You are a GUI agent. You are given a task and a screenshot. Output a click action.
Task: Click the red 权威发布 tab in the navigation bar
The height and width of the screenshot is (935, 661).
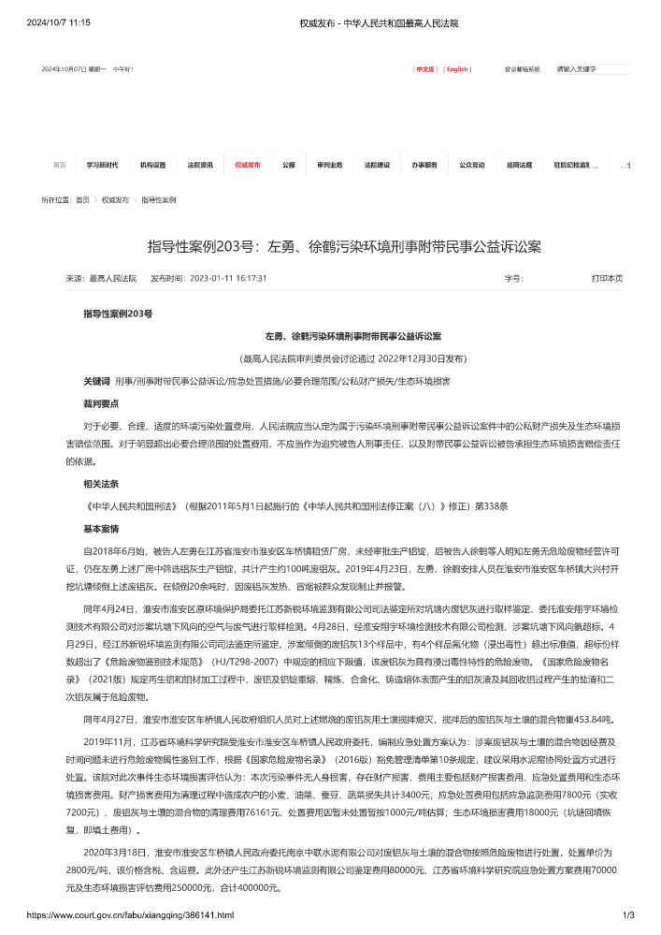click(x=247, y=165)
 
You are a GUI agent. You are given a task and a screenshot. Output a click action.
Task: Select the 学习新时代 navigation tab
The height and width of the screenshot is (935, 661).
click(x=102, y=165)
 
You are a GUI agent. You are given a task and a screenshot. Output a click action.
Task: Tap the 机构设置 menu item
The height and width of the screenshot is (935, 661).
click(x=152, y=165)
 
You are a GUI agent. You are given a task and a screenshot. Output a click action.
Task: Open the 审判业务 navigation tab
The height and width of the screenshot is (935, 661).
click(x=329, y=165)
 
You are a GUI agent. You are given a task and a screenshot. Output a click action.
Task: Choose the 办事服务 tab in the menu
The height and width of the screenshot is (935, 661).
click(x=424, y=165)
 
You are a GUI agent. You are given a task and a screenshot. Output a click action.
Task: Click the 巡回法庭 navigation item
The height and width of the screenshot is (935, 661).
click(x=520, y=165)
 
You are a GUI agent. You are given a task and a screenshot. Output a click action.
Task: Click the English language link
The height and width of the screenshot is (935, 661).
click(x=457, y=69)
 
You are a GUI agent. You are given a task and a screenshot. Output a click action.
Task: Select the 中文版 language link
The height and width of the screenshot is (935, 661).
click(x=425, y=69)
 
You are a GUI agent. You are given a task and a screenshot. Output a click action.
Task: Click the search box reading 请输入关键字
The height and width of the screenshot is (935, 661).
click(x=592, y=69)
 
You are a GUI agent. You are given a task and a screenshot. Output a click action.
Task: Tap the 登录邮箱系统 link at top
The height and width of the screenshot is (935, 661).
click(x=523, y=69)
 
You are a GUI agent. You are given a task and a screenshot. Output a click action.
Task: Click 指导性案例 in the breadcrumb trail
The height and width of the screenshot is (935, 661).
click(x=159, y=200)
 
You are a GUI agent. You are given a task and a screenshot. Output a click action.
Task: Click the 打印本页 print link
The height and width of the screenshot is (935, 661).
click(x=606, y=278)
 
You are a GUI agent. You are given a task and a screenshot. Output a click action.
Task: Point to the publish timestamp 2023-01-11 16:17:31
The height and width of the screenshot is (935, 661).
click(x=228, y=278)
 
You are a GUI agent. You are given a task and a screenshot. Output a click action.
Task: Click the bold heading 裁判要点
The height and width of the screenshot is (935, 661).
click(x=101, y=403)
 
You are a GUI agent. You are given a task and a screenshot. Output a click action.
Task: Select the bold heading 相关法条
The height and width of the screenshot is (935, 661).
click(x=101, y=484)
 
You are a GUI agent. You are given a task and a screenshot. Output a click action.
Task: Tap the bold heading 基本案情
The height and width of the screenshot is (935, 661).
click(x=101, y=529)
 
